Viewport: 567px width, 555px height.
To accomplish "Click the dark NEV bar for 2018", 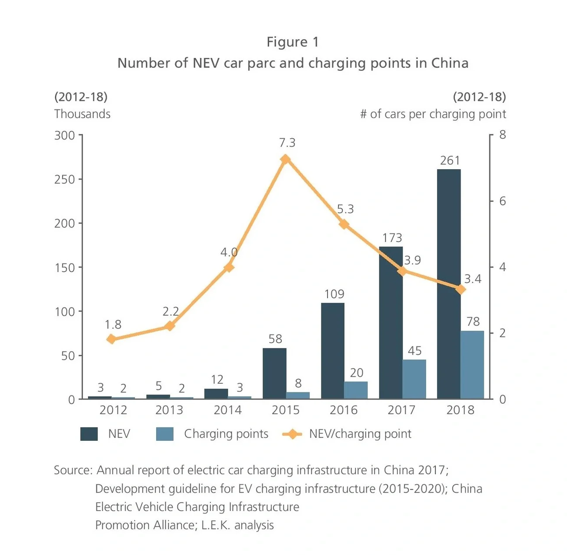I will [448, 283].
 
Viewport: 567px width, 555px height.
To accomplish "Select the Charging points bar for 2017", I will [414, 379].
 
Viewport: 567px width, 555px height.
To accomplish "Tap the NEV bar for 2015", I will [274, 373].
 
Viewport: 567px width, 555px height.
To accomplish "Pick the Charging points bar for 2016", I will [356, 390].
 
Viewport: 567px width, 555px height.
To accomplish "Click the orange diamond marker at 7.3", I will [286, 160].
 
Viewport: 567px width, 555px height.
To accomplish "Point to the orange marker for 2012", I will [112, 339].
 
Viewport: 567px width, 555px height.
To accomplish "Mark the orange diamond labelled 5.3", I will [344, 225].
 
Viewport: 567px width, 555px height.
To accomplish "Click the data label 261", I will [450, 161].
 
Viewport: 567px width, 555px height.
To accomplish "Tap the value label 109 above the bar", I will [334, 294].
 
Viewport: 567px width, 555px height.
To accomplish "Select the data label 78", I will [473, 322].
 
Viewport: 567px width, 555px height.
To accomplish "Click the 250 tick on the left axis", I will [65, 180].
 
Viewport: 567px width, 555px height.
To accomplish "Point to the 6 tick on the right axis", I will [502, 201].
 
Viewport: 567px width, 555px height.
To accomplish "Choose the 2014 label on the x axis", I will [227, 410].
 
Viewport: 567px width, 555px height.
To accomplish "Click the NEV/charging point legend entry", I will [360, 434].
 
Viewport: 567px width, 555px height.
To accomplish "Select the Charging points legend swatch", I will [164, 434].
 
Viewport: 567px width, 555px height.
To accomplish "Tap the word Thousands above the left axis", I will [82, 114].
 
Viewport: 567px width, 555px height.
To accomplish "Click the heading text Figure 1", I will [293, 42].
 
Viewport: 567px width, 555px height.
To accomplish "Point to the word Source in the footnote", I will [72, 470].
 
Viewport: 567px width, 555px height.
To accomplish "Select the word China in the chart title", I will [450, 63].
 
